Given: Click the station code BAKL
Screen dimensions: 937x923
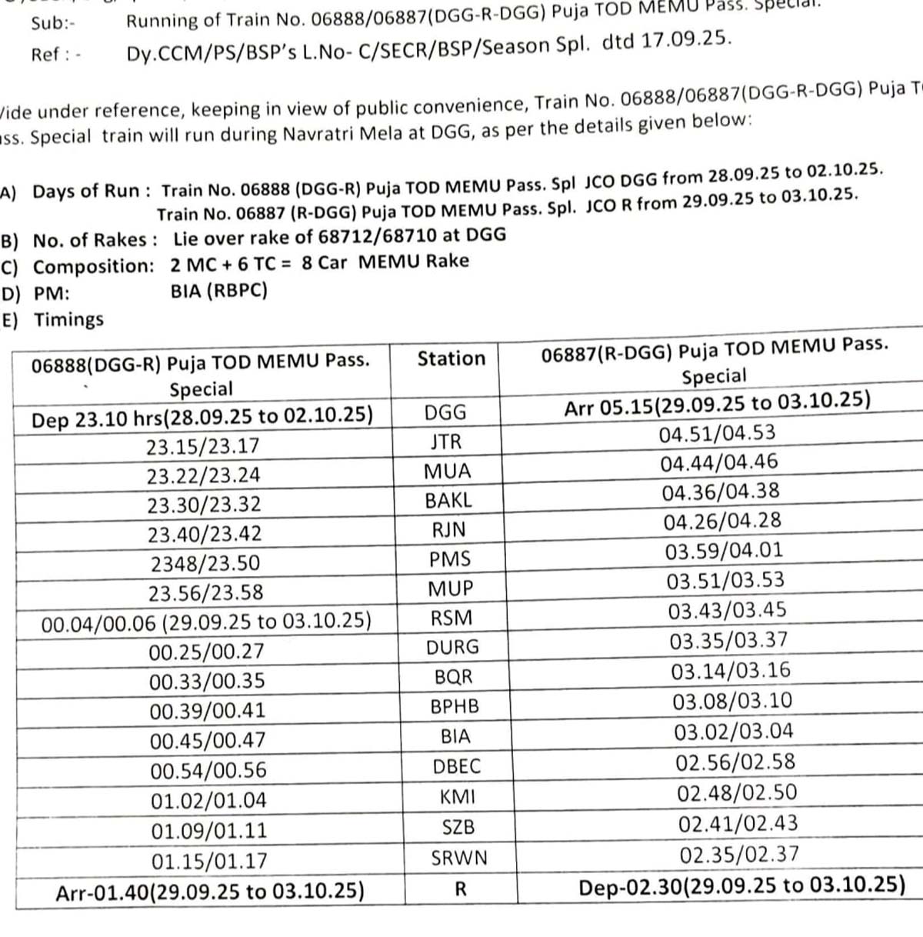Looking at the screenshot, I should tap(448, 501).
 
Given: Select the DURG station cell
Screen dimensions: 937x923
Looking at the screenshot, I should tap(452, 647).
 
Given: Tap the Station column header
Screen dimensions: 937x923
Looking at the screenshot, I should tap(452, 358).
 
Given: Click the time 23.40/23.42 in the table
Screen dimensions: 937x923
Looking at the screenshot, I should tap(205, 534).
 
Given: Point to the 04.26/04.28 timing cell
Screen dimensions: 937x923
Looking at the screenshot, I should tap(722, 522).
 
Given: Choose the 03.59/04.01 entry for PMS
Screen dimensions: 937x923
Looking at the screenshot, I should tap(724, 551).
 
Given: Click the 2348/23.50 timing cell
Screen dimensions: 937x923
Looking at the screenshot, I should tap(205, 563).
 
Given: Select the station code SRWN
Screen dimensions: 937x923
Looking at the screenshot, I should tap(459, 858).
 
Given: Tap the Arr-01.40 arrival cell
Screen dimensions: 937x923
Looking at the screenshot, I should tap(210, 892).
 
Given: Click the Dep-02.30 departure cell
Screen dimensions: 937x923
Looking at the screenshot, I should tap(741, 886).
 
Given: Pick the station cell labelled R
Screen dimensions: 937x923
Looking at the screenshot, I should tap(461, 889).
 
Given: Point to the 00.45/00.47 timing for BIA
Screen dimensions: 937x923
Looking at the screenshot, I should tap(207, 740).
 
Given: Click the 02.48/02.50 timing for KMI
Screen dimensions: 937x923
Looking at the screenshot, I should tap(737, 793).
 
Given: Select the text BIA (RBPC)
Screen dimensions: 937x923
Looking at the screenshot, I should tap(219, 291).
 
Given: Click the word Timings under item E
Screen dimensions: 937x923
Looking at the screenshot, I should tap(68, 319).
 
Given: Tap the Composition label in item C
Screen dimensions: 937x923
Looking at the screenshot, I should tap(94, 267).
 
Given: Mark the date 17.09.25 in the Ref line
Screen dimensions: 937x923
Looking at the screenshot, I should tap(685, 40).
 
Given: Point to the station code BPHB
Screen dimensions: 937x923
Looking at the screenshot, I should tap(455, 706).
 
